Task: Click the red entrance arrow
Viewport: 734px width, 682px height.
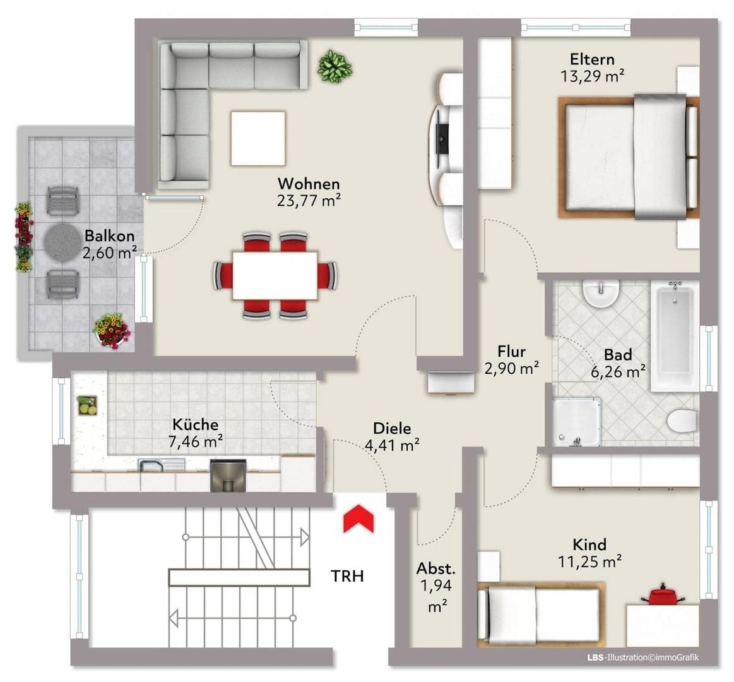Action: pyautogui.click(x=358, y=518)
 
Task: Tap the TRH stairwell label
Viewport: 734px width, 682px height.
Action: pyautogui.click(x=347, y=576)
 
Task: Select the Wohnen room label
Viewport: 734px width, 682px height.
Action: pyautogui.click(x=309, y=183)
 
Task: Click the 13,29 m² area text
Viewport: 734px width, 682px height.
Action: pyautogui.click(x=592, y=75)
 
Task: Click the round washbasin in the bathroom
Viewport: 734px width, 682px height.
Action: pyautogui.click(x=601, y=294)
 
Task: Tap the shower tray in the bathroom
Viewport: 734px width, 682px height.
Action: pyautogui.click(x=576, y=422)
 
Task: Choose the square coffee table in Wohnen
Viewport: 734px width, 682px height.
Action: pyautogui.click(x=257, y=138)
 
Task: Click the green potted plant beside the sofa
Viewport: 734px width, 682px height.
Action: pyautogui.click(x=334, y=66)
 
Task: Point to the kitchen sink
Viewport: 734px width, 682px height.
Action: pyautogui.click(x=161, y=465)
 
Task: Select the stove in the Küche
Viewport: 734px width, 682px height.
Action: pyautogui.click(x=227, y=476)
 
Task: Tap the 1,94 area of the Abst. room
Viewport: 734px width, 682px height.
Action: pyautogui.click(x=436, y=585)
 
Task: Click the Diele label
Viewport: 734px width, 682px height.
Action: pyautogui.click(x=392, y=428)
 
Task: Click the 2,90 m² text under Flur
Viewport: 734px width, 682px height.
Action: pyautogui.click(x=511, y=369)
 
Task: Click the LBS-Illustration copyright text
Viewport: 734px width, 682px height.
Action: pyautogui.click(x=642, y=657)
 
